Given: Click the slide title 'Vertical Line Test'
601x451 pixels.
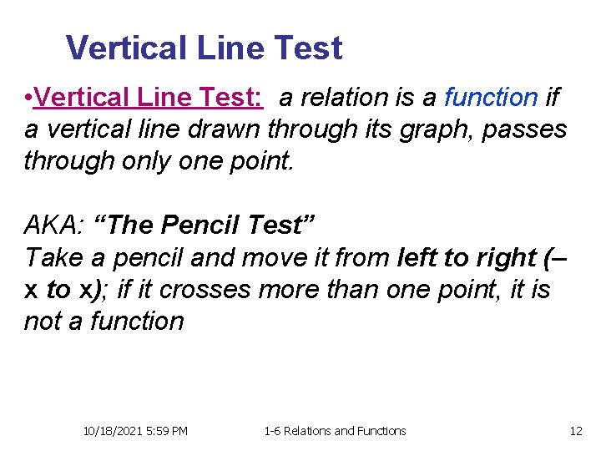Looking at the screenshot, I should (204, 48).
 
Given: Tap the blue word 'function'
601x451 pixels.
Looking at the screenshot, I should (491, 99).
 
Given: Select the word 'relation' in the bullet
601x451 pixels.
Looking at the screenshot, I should (348, 99).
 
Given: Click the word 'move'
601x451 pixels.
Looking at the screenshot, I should (270, 257).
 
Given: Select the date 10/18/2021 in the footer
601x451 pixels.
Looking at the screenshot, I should (114, 431).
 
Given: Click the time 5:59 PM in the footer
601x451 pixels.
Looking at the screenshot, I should (166, 431).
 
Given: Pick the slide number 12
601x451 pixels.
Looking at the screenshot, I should (575, 431).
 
